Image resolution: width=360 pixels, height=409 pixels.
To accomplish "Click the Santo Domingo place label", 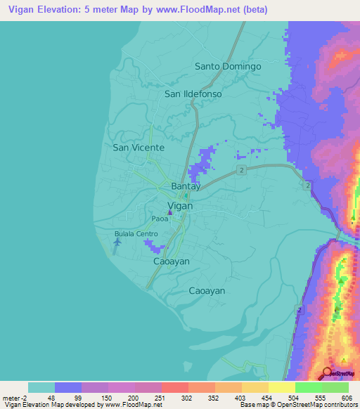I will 227,67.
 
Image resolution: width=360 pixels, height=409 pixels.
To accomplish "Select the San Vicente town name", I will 139,148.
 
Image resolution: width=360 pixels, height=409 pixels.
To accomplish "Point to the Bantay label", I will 186,186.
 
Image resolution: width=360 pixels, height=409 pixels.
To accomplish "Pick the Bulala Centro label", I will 136,233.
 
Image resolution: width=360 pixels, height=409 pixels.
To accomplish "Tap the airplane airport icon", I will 117,242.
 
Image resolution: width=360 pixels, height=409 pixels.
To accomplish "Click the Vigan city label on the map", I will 181,206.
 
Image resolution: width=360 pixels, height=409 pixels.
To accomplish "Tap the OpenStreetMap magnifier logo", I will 326,372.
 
